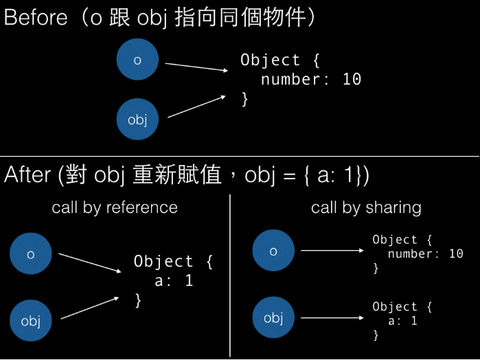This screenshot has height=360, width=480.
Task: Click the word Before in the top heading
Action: (35, 18)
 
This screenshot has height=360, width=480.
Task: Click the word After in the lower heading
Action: (27, 175)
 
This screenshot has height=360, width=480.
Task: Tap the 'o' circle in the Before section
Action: (137, 60)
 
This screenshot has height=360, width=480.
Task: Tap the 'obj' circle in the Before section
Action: (137, 120)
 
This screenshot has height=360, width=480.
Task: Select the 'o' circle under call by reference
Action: (31, 254)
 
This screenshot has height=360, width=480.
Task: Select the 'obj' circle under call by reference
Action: (31, 320)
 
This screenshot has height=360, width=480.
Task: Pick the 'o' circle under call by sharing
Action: (273, 251)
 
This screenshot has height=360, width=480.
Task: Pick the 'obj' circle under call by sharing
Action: (273, 317)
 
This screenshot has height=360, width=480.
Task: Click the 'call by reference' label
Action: (115, 207)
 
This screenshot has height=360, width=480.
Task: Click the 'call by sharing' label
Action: (366, 207)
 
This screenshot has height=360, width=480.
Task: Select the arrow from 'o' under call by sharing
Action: (332, 251)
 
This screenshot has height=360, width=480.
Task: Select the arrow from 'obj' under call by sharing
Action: (332, 317)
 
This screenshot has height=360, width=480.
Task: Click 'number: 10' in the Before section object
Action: (310, 79)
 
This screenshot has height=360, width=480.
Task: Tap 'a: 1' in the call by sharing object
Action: (403, 321)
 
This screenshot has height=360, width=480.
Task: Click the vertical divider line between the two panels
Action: (229, 275)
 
